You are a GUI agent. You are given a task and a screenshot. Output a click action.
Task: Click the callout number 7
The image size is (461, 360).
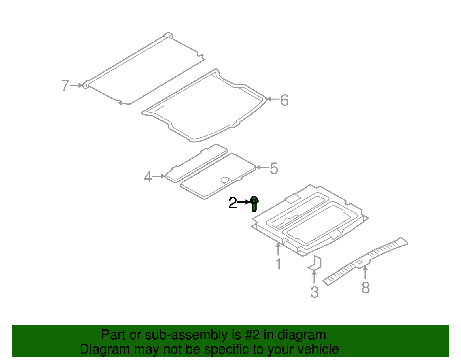pyautogui.click(x=65, y=86)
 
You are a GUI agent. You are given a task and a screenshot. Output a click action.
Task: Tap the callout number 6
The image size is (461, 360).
pyautogui.click(x=284, y=100)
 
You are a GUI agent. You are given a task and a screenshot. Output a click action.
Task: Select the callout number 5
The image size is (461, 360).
pyautogui.click(x=274, y=168)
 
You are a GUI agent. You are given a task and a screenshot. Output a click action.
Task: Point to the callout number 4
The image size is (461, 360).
pyautogui.click(x=148, y=177)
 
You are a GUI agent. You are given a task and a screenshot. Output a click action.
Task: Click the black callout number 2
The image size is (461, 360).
pyautogui.click(x=233, y=203)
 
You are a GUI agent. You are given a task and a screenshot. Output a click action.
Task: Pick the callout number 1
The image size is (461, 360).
pyautogui.click(x=278, y=264)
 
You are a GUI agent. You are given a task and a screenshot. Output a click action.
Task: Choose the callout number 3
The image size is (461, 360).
pyautogui.click(x=314, y=292)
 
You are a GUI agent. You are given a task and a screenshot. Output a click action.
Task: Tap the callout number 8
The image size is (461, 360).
pyautogui.click(x=366, y=288)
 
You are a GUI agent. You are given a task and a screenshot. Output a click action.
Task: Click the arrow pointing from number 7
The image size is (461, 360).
pyautogui.click(x=76, y=85)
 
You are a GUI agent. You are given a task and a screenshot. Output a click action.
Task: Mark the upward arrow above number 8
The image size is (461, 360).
pyautogui.click(x=365, y=272)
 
